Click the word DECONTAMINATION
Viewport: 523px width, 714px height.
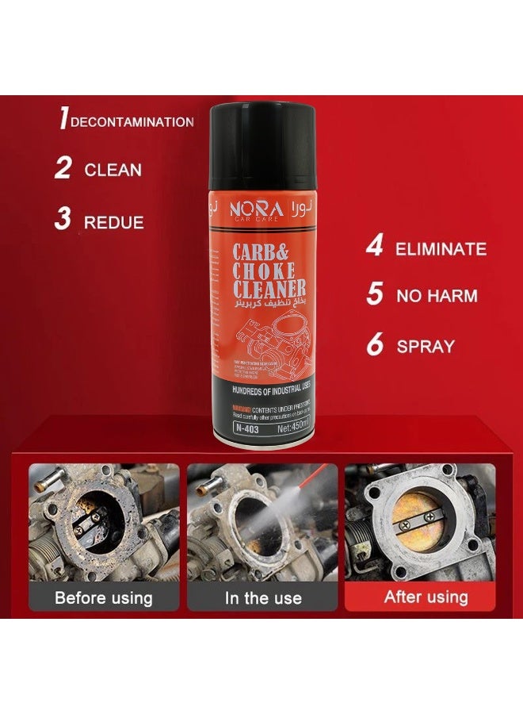point(132,122)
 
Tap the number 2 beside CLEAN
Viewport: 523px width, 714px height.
point(63,168)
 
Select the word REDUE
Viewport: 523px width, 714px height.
point(114,222)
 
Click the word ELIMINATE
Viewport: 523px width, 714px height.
point(441,249)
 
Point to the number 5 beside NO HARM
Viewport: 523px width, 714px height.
point(375,295)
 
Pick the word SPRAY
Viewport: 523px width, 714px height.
point(426,347)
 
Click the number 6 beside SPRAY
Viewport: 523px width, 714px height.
point(376,345)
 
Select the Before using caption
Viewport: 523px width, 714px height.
point(104,597)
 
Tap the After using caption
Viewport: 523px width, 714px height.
point(426,597)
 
